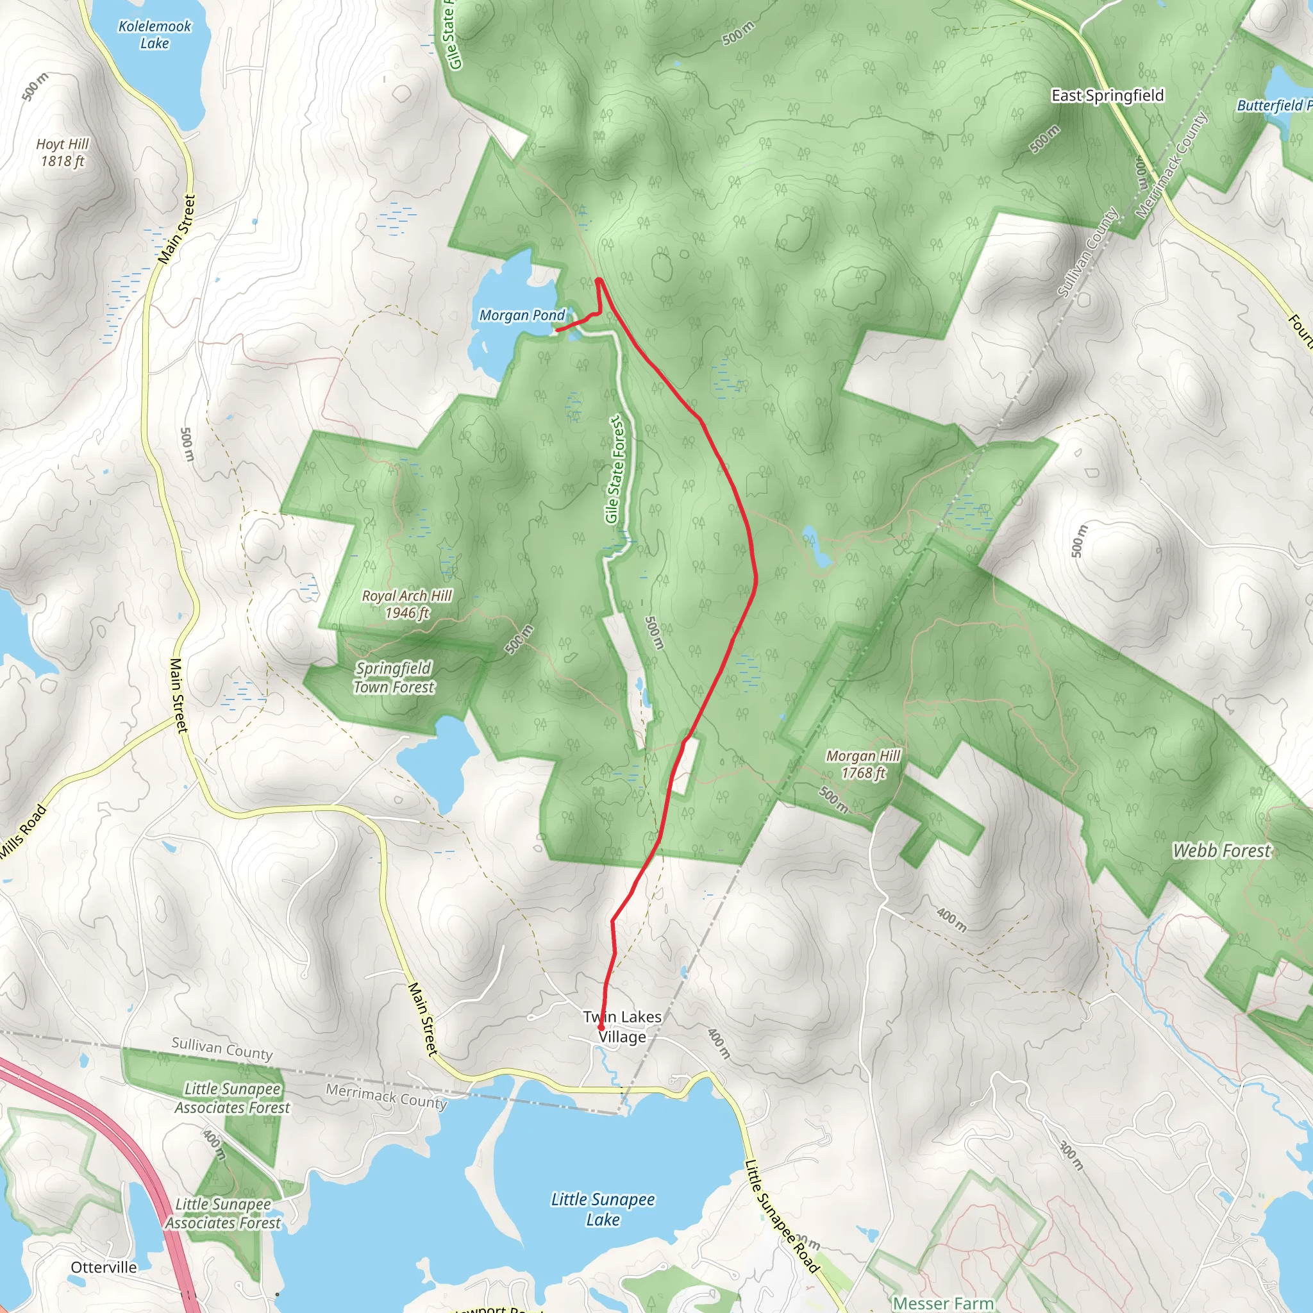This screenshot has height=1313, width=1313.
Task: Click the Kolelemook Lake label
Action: tap(155, 35)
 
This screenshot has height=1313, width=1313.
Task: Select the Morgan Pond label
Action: tap(521, 315)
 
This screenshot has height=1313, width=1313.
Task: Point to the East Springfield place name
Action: tap(1107, 96)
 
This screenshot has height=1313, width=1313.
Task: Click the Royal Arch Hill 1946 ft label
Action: tap(406, 604)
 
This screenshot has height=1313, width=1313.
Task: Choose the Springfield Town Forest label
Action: tap(394, 678)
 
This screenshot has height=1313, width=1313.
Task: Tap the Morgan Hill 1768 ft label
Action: tap(863, 764)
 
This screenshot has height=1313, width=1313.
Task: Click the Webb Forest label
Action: tap(1221, 851)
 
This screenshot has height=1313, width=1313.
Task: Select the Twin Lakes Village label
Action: tap(622, 1026)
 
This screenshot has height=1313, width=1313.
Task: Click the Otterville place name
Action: tap(104, 1267)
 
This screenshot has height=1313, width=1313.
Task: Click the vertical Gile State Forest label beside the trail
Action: tap(614, 469)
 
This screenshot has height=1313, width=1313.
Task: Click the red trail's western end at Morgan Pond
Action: tap(557, 330)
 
